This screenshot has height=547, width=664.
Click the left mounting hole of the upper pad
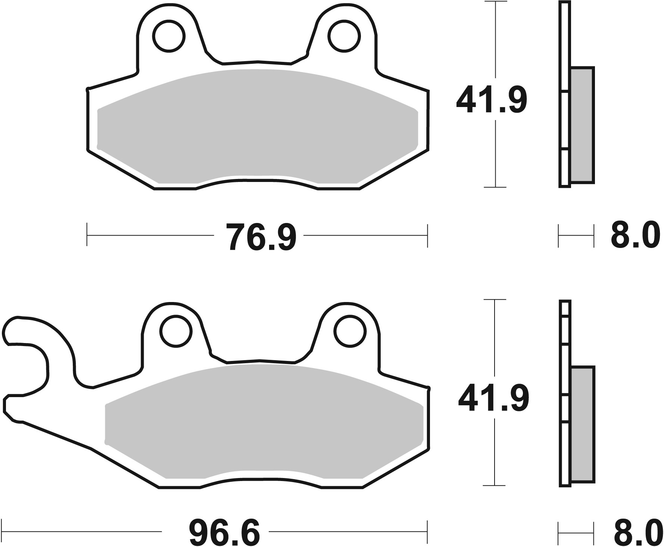click(x=169, y=36)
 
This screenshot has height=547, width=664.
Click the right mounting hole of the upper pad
click(x=345, y=36)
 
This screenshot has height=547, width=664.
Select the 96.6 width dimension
click(x=224, y=533)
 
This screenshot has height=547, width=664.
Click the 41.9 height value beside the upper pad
click(x=491, y=100)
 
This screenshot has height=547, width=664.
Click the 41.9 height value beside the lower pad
click(x=493, y=398)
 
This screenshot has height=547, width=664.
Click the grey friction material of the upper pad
click(x=258, y=127)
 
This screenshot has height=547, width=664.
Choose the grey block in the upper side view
click(x=582, y=125)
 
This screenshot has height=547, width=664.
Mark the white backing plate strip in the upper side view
click(x=564, y=93)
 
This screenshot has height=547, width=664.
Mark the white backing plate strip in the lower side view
click(x=565, y=392)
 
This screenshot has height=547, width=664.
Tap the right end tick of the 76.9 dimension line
click(x=427, y=235)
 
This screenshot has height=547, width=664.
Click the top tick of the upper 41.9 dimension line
click(x=495, y=2)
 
